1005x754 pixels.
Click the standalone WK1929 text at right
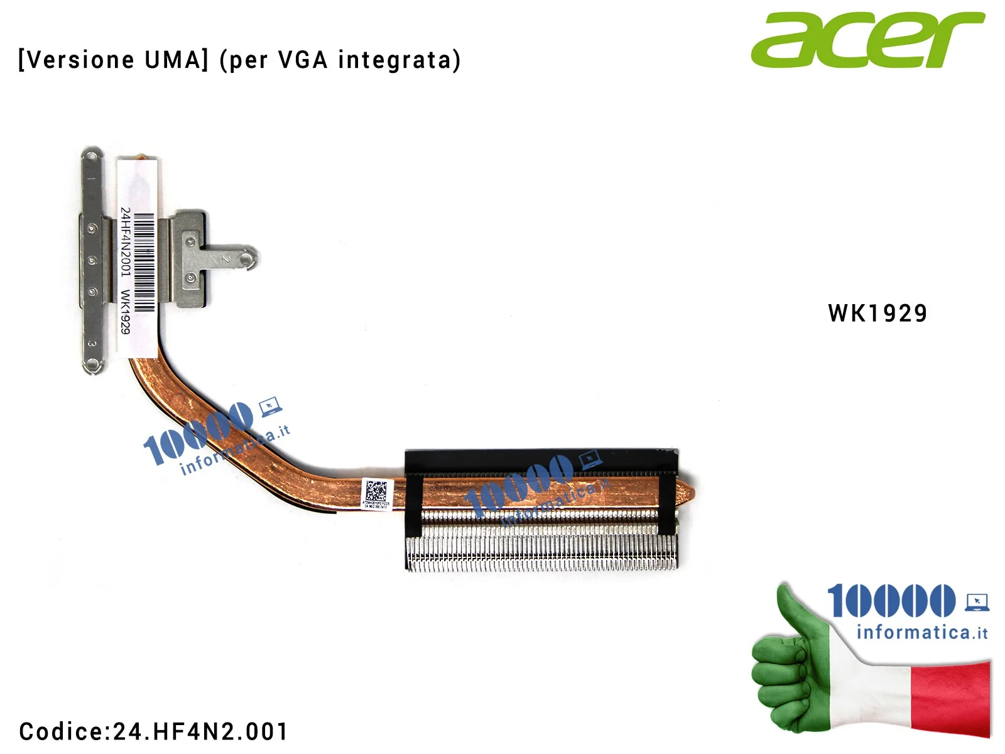coord(877,313)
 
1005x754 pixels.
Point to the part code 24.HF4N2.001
coord(200,731)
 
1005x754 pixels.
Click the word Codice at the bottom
coord(60,731)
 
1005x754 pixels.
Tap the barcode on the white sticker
coord(144,262)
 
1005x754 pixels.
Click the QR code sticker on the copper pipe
coord(376,490)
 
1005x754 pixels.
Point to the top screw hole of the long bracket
coord(92,154)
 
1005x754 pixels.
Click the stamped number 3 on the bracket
coord(92,344)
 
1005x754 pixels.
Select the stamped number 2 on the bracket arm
coord(226,258)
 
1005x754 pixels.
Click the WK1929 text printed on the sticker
coord(126,312)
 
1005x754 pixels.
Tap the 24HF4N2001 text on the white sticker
coord(126,242)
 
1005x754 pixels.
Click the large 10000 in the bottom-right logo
coord(891,601)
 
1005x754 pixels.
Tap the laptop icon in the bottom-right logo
coord(977,603)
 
